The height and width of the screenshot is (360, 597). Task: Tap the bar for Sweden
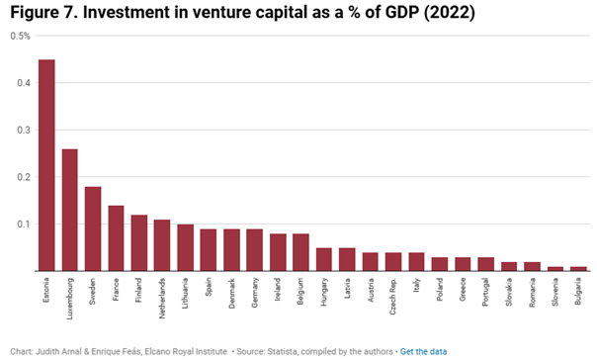coord(93,228)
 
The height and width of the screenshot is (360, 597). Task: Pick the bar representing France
coord(117,238)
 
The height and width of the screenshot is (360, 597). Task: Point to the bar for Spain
coord(210,250)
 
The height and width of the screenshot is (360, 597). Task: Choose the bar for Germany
coord(256,250)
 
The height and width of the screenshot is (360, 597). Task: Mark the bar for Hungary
coord(324,259)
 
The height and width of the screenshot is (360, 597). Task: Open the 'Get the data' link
coord(426,350)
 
